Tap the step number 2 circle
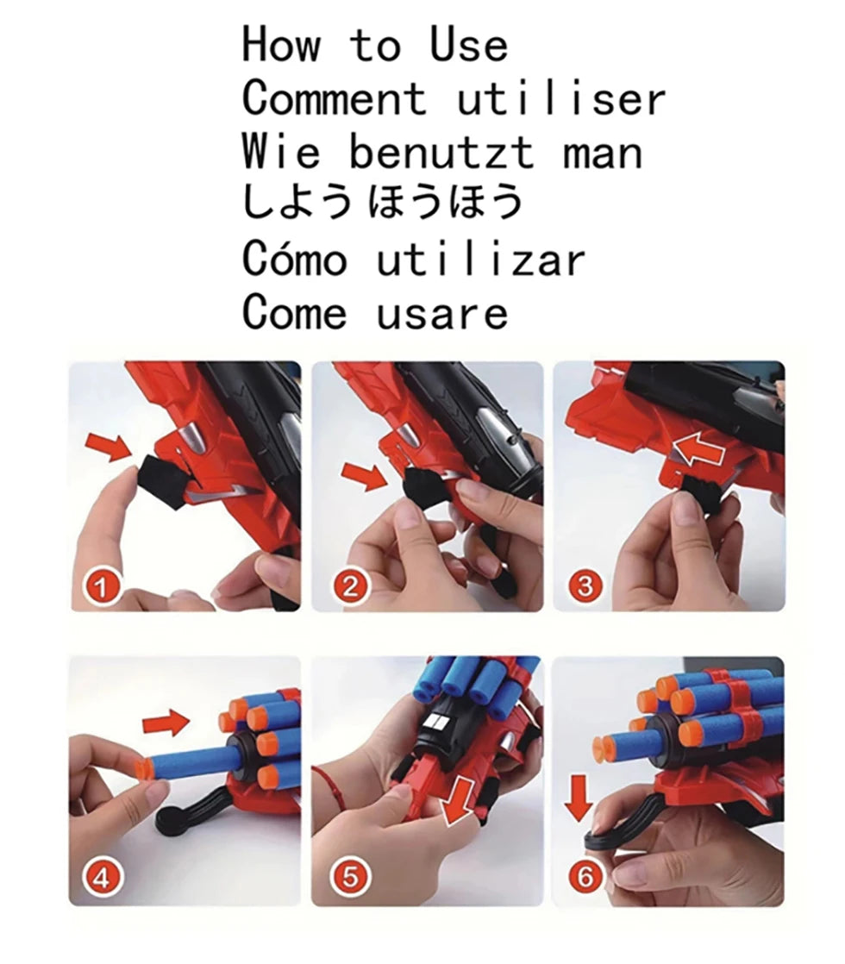(x=349, y=588)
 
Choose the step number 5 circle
(x=349, y=878)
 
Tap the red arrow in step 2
(x=364, y=474)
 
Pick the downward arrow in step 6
(x=579, y=798)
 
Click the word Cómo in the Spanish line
(x=294, y=259)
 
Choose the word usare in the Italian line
(x=441, y=312)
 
